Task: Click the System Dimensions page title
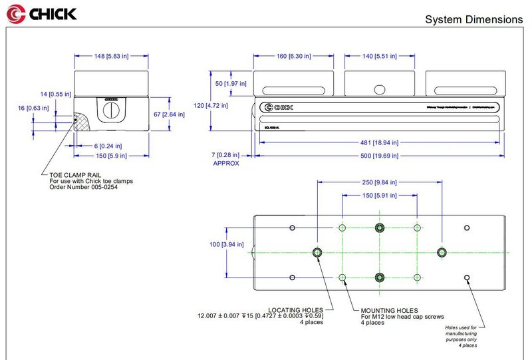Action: click(x=473, y=20)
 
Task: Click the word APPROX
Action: click(x=226, y=163)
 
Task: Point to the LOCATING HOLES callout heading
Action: click(x=295, y=310)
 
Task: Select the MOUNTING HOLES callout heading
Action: click(x=390, y=310)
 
